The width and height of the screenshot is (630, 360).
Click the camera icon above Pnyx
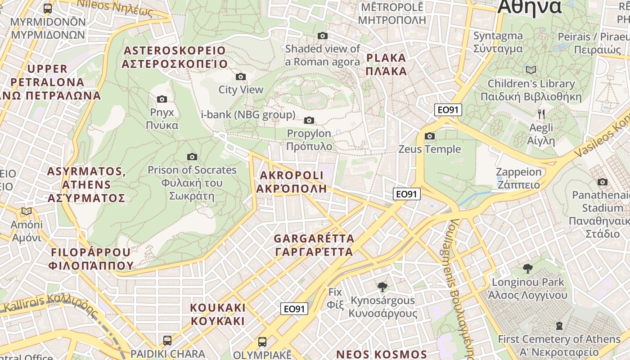point(162,99)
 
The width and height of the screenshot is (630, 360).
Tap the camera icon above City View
point(241,76)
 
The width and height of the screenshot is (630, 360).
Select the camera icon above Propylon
point(309,120)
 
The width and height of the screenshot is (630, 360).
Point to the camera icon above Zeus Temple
point(430,136)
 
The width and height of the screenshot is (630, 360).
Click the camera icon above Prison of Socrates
point(192,157)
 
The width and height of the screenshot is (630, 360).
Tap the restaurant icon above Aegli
point(541,114)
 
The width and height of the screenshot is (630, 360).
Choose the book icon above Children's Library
point(531,70)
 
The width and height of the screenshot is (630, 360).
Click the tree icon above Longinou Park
point(528,269)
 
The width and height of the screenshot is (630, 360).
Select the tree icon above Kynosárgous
point(382,287)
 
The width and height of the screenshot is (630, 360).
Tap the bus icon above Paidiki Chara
point(167,340)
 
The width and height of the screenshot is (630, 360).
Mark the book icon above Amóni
point(27,211)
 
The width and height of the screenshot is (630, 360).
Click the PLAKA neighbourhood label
point(386,64)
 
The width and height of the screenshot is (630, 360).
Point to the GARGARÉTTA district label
point(314,245)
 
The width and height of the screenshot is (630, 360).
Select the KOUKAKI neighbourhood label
point(218,314)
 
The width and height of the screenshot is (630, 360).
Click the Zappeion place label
point(518,178)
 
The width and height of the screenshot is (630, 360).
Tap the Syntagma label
point(498,42)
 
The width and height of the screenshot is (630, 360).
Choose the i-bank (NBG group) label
point(248,115)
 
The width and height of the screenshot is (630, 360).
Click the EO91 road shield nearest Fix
point(294,309)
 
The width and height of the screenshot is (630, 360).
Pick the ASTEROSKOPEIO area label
point(175,57)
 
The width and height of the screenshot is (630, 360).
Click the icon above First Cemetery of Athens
point(559,325)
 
